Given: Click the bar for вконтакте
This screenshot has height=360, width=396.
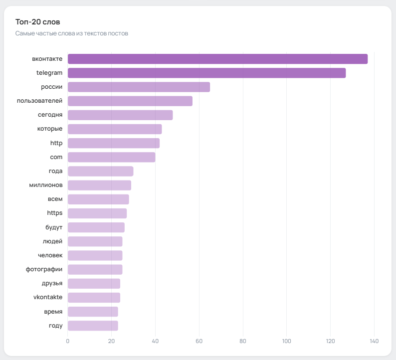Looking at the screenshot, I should pyautogui.click(x=217, y=59).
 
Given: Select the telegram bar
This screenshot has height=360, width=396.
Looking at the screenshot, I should pyautogui.click(x=206, y=73).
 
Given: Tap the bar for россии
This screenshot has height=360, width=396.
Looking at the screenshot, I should pyautogui.click(x=139, y=87).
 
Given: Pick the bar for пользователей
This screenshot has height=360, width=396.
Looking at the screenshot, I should pyautogui.click(x=130, y=101).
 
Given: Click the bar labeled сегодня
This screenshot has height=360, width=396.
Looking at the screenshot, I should pyautogui.click(x=120, y=115).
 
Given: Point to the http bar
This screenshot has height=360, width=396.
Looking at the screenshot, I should pyautogui.click(x=114, y=143).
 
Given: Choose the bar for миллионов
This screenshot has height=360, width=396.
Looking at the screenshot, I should pyautogui.click(x=99, y=185).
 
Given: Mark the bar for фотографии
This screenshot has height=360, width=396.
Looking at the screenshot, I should pyautogui.click(x=95, y=270).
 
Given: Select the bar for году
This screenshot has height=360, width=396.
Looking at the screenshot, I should pyautogui.click(x=93, y=326).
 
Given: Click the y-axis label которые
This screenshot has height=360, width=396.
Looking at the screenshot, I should pyautogui.click(x=50, y=129).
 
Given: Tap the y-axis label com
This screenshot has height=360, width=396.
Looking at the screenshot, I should pyautogui.click(x=56, y=157).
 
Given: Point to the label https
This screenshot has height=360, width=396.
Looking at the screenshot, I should pyautogui.click(x=55, y=213).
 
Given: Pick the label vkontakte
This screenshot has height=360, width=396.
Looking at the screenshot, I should pyautogui.click(x=48, y=298).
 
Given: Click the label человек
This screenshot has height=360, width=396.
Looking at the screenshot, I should pyautogui.click(x=50, y=256).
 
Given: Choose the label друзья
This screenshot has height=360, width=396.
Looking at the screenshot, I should pyautogui.click(x=52, y=284).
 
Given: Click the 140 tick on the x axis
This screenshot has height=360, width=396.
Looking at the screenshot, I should pyautogui.click(x=374, y=342).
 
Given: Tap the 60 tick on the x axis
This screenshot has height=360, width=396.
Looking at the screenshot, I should pyautogui.click(x=199, y=342).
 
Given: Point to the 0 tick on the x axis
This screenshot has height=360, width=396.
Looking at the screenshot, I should pyautogui.click(x=68, y=342).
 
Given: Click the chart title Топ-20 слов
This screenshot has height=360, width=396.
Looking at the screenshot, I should pyautogui.click(x=38, y=22).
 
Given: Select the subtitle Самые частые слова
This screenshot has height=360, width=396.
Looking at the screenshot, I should pyautogui.click(x=72, y=33).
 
